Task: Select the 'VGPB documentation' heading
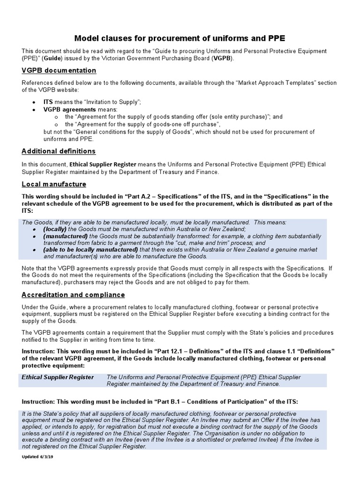click(59, 70)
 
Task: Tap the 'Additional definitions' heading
click(59, 151)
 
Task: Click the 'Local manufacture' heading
click(54, 184)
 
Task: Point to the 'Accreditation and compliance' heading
click(73, 295)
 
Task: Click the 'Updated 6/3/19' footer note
click(39, 457)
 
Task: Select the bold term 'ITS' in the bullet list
click(48, 102)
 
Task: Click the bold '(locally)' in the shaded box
click(55, 229)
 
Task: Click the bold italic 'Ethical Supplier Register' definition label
click(58, 377)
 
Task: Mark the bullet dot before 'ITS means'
click(33, 102)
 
